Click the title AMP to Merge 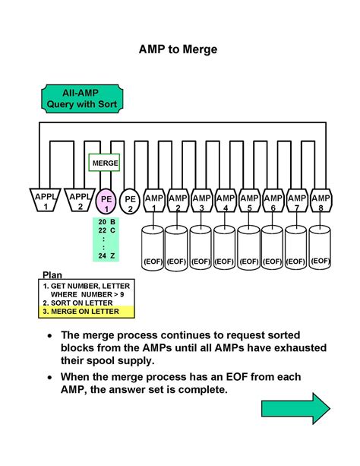click(178, 49)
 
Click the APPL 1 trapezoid click(45, 200)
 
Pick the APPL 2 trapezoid click(79, 200)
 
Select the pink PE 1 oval click(107, 201)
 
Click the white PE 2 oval click(130, 201)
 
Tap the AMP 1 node click(154, 201)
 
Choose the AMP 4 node click(225, 201)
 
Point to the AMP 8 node click(321, 201)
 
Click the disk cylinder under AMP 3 click(201, 248)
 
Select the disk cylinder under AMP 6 click(273, 248)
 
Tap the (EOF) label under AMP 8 click(321, 260)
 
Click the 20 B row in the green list click(106, 220)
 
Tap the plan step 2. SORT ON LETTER click(76, 302)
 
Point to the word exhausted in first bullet click(294, 347)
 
